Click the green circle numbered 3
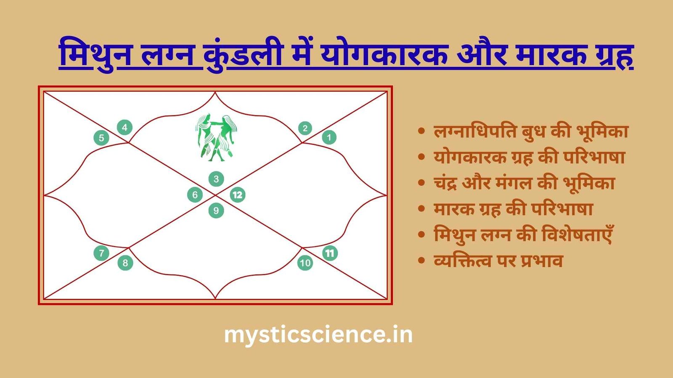pos(216,179)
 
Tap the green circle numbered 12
pos(238,195)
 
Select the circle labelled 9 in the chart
pos(216,210)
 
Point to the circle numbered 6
pos(195,195)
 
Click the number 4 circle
pos(125,127)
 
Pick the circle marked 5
pos(101,138)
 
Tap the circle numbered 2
pos(305,128)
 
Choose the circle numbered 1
pos(329,137)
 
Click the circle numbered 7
pos(101,253)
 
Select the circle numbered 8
pos(125,263)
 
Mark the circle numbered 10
pos(305,263)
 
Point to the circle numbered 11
pos(330,253)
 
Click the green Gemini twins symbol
pos(215,137)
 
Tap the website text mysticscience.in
pos(318,335)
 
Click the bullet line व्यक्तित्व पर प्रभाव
pos(498,261)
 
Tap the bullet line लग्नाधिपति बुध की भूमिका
pos(531,131)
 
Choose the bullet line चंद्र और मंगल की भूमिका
pos(524,184)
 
